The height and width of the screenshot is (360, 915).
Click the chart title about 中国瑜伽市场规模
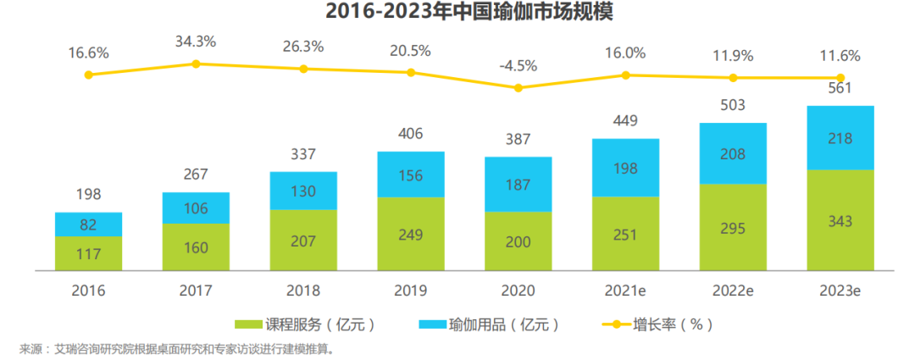point(457,13)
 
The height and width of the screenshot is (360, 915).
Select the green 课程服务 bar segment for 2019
point(410,234)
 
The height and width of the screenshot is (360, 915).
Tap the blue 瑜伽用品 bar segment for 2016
point(89,224)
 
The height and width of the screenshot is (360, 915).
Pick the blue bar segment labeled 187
point(518,184)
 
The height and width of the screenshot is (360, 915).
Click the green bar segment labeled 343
point(840,220)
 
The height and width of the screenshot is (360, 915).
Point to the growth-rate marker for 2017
point(196,64)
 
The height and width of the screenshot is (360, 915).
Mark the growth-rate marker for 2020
point(518,87)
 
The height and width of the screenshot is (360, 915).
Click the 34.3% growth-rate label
point(196,41)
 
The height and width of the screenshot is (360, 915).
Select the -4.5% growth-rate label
point(518,64)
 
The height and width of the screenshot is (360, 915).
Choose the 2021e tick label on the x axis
point(625,291)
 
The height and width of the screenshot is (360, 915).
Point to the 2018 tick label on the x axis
point(303,291)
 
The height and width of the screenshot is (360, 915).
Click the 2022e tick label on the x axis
point(733,291)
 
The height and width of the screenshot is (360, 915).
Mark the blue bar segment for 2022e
point(733,153)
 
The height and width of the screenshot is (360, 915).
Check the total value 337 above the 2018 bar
point(303,153)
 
